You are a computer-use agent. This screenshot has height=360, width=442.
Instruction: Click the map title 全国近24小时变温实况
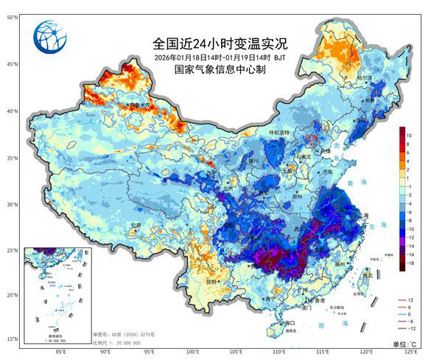pos(220,43)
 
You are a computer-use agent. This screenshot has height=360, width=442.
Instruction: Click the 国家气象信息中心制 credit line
pos(220,70)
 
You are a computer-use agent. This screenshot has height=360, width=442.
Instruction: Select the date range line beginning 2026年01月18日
pos(220,57)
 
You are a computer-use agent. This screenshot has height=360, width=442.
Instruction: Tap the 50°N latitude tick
pos(12,16)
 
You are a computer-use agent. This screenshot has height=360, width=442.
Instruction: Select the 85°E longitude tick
pos(61,351)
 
